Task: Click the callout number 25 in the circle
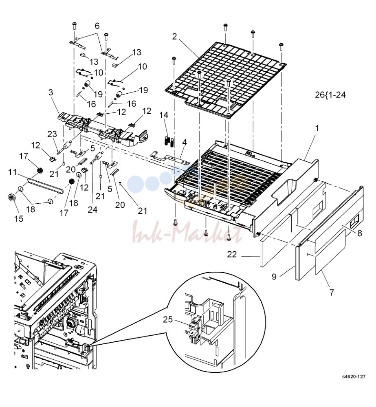pos(167,319)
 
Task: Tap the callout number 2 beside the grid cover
pos(174,37)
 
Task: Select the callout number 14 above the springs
pos(164,115)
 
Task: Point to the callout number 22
pos(232,254)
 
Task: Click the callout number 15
pos(19,218)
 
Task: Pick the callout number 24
pos(92,209)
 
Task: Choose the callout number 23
pos(52,134)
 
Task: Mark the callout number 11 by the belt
pos(13,172)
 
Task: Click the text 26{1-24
pos(330,95)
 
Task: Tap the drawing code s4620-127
pos(354,376)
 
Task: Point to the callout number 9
pos(274,277)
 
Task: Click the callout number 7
pos(332,293)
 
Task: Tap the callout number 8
pos(359,233)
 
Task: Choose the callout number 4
pos(184,143)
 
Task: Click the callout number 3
pos(51,92)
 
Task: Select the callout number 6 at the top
pos(97,26)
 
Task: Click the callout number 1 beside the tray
pos(317,128)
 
